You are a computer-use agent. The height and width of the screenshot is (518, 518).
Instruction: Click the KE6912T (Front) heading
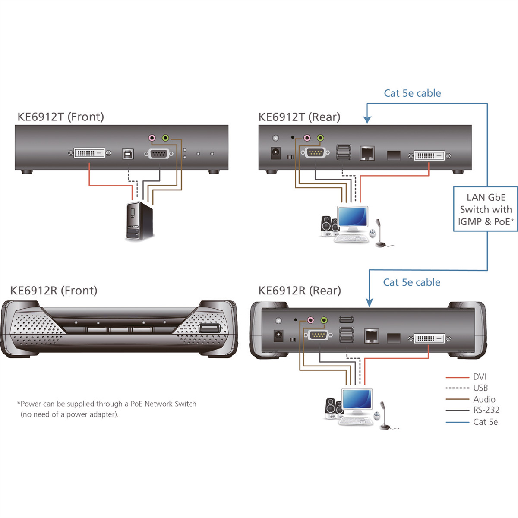coord(61,117)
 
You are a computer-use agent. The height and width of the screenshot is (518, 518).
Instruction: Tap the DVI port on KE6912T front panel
coord(89,153)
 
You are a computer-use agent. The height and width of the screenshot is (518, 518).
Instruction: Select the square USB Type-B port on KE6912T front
coord(128,154)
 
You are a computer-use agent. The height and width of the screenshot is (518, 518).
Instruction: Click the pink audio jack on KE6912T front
coord(152,138)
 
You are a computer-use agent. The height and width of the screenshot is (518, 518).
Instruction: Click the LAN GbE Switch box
coord(486,209)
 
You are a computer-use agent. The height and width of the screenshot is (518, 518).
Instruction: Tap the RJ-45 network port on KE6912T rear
coord(367,154)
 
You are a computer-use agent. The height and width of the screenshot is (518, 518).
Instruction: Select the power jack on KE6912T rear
coord(275,153)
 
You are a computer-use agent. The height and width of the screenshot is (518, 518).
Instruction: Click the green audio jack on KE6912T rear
coord(320,138)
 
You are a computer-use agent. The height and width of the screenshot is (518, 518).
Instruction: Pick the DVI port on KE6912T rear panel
coord(429,156)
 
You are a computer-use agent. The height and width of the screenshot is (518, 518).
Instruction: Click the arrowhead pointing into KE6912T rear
coord(367,120)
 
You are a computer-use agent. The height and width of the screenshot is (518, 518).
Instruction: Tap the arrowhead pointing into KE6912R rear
coord(370,303)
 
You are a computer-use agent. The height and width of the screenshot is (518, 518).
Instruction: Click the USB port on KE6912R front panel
coord(210,328)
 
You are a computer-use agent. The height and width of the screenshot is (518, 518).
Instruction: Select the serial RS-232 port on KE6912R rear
coord(318,335)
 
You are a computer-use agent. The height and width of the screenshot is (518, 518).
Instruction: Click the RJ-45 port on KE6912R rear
coord(372,336)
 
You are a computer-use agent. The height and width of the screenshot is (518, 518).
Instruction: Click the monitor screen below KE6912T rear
coord(353,217)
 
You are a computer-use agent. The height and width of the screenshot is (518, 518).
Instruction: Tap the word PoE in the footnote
coord(136,404)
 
